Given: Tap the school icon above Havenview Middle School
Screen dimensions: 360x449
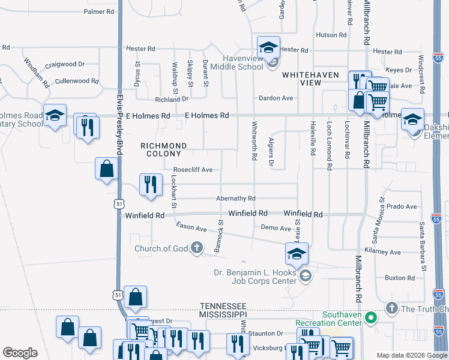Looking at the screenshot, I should click(268, 47).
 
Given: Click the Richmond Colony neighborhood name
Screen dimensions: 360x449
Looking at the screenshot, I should click(163, 149).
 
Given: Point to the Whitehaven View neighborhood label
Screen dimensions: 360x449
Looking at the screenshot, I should click(302, 78).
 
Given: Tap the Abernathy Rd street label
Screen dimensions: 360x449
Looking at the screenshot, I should click(236, 199).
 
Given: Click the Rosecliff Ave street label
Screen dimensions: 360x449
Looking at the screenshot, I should click(193, 170).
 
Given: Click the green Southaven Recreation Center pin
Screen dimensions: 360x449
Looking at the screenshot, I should click(371, 317).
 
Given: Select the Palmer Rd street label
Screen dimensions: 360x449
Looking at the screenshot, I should click(99, 11).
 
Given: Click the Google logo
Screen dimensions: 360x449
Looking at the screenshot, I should click(20, 353).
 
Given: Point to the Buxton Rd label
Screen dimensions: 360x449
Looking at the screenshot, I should click(400, 277).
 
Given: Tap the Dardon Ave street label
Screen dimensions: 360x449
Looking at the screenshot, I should click(276, 98).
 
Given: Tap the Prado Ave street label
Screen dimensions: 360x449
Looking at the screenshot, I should click(402, 206).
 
